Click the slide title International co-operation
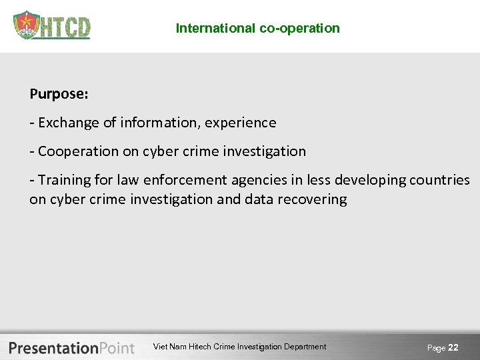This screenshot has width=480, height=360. point(257,28)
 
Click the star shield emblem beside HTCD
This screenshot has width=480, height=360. point(26,26)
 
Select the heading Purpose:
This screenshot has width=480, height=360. point(59,94)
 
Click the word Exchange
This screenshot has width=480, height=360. point(65,123)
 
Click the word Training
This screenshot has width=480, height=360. point(63,180)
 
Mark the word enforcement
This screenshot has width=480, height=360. point(189,180)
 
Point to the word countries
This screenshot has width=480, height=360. point(441,180)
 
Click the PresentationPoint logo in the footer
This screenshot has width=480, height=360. point(72,347)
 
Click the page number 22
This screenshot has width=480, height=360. point(453,347)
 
